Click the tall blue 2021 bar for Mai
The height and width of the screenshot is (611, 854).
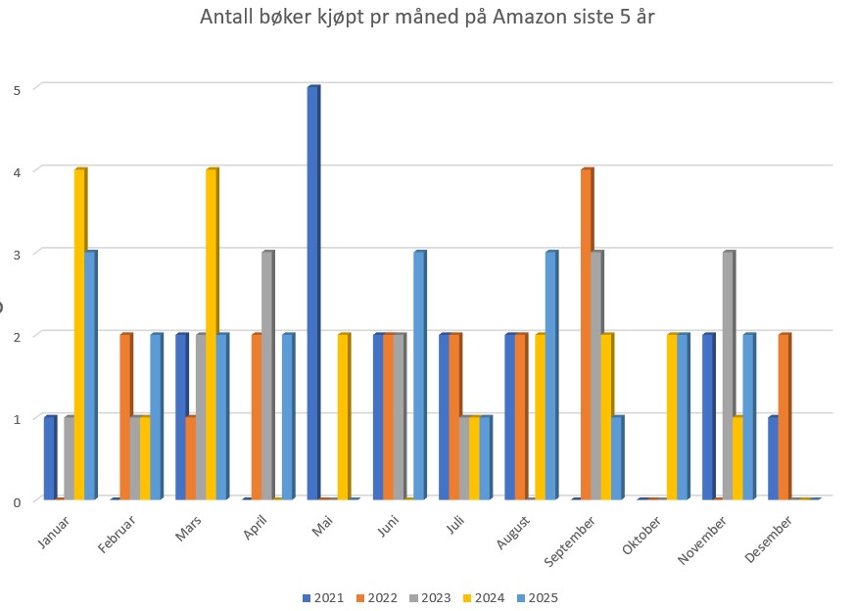pos(312,294)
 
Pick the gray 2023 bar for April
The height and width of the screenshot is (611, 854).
pos(267,376)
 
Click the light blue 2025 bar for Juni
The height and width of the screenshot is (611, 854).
pos(418,376)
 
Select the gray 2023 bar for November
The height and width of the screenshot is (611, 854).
pos(728,376)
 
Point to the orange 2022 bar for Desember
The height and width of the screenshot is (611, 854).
pos(783,417)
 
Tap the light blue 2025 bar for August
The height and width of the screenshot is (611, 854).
pos(550,376)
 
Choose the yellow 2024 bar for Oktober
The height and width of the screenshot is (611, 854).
pos(672,417)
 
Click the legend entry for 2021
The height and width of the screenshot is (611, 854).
pos(323,598)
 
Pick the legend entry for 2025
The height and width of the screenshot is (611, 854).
pos(536,598)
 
